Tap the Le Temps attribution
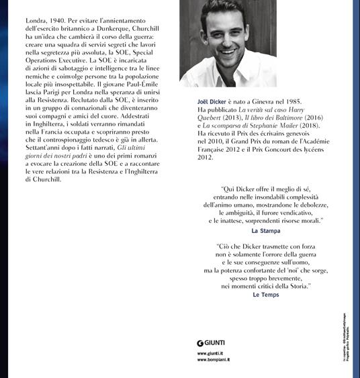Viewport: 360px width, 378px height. click(x=265, y=295)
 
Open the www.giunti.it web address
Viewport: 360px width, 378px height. click(x=211, y=353)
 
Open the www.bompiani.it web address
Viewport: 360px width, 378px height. click(x=214, y=360)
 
